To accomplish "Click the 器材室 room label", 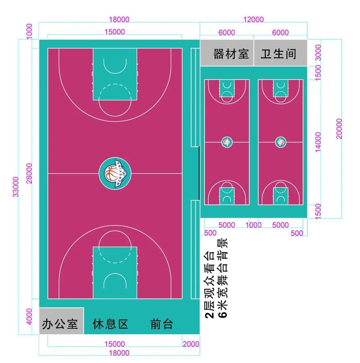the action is click(231, 54).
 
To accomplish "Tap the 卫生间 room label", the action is click(279, 54).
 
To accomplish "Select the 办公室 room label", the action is click(60, 324).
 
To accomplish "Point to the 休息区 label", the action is click(111, 324).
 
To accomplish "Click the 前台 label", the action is click(162, 324).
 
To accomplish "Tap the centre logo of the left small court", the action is click(227, 142).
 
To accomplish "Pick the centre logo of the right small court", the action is click(281, 142).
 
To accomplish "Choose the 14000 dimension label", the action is click(319, 142).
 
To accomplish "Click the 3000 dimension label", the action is click(319, 53).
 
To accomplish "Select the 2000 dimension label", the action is click(191, 344).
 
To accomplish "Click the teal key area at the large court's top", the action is click(115, 74).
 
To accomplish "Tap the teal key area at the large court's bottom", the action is click(115, 272).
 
